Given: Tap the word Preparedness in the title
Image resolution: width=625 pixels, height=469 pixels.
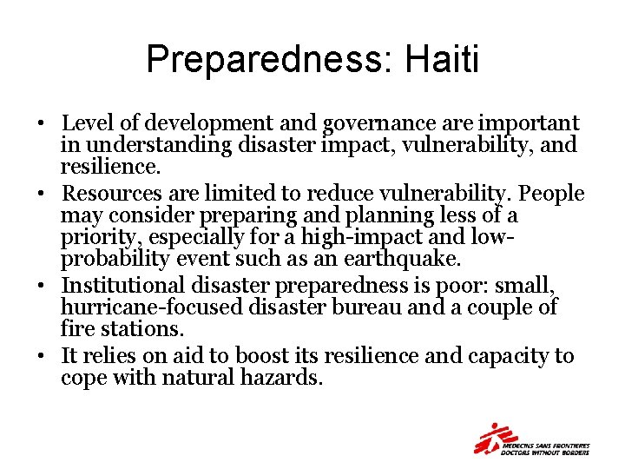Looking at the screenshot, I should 265,59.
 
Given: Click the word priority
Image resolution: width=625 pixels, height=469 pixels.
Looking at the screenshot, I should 93,236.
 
